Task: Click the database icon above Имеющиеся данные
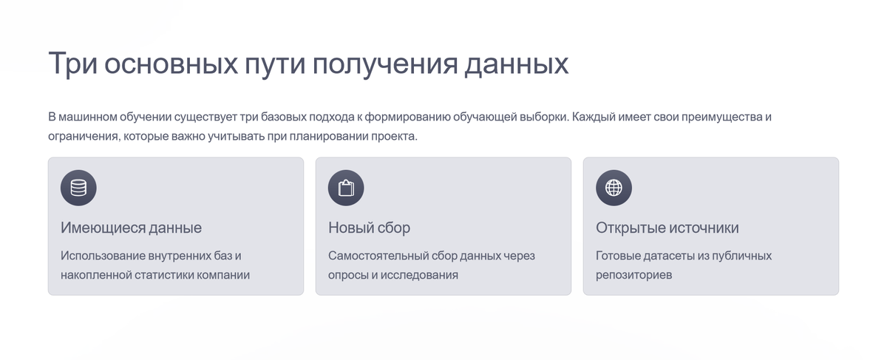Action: (78, 188)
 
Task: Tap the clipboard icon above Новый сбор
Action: (346, 188)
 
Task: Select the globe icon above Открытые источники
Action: (614, 188)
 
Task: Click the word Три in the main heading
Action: (72, 64)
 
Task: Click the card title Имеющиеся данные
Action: (131, 228)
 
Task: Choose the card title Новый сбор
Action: (369, 228)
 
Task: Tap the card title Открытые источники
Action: (667, 228)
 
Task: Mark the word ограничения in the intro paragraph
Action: (82, 137)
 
